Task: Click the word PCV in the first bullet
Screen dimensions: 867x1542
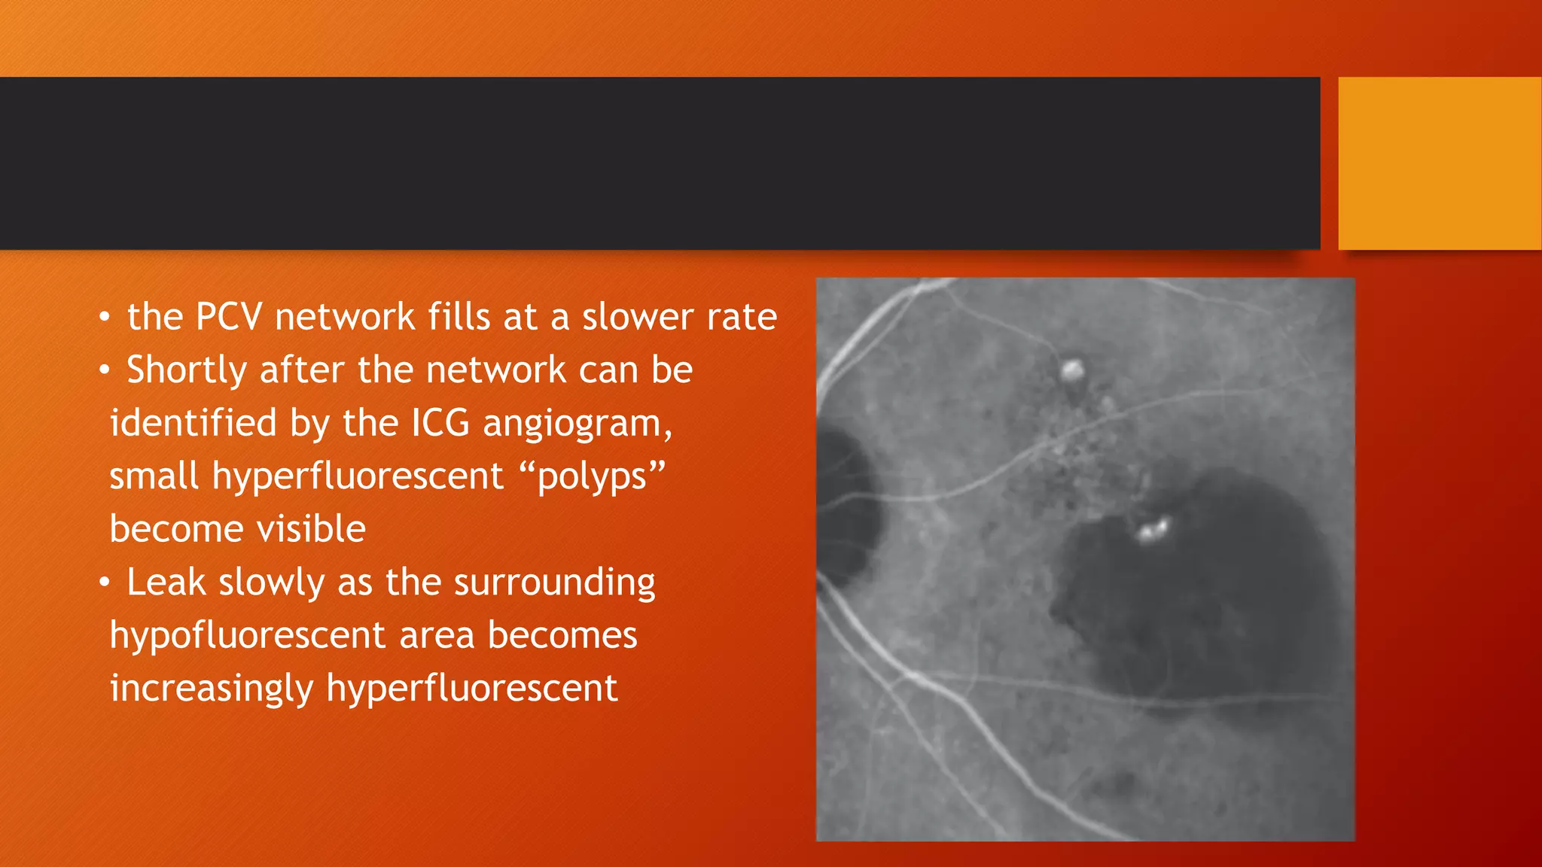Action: [x=228, y=317]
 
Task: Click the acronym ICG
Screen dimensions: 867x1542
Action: [x=440, y=423]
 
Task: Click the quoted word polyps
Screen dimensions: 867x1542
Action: [x=592, y=477]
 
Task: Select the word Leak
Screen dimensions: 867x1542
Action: [x=166, y=583]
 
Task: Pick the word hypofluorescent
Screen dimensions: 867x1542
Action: [x=248, y=636]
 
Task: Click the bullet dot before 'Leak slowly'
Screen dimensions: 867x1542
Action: [x=105, y=583]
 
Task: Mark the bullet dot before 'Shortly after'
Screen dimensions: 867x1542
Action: [x=105, y=370]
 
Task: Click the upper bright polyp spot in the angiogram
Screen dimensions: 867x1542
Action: [x=1072, y=370]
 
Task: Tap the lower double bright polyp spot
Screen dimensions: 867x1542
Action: [x=1153, y=529]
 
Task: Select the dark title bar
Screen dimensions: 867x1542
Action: [x=660, y=163]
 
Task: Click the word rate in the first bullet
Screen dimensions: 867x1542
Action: [x=742, y=317]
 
